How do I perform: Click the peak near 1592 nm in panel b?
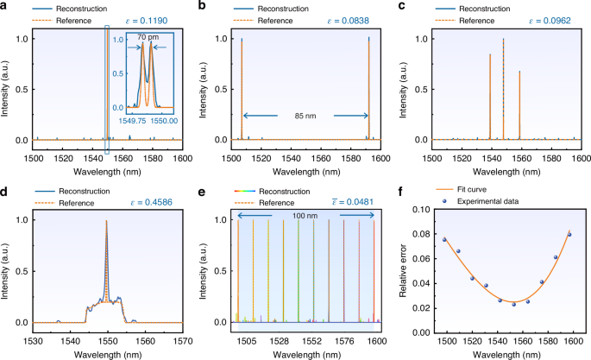(x=368, y=40)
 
